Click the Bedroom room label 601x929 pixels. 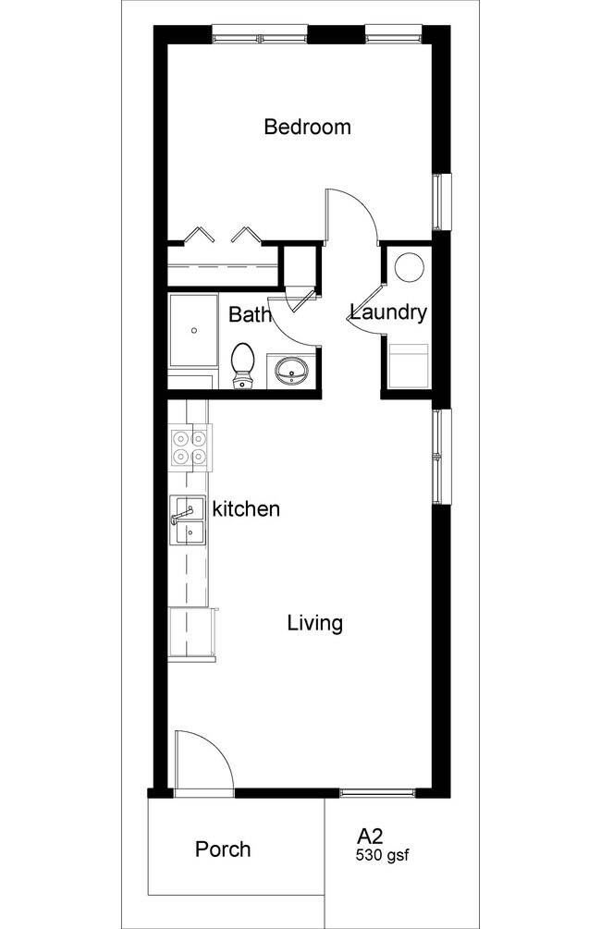307,127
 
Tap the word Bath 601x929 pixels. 249,314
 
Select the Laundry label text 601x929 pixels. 388,312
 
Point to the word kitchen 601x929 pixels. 246,508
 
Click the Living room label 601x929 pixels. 314,623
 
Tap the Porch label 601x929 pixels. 223,849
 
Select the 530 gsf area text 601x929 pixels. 382,856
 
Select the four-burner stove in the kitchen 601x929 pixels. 190,446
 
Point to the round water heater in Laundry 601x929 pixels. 409,266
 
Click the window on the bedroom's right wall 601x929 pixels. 443,201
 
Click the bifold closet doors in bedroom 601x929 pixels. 222,235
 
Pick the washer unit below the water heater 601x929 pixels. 408,363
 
